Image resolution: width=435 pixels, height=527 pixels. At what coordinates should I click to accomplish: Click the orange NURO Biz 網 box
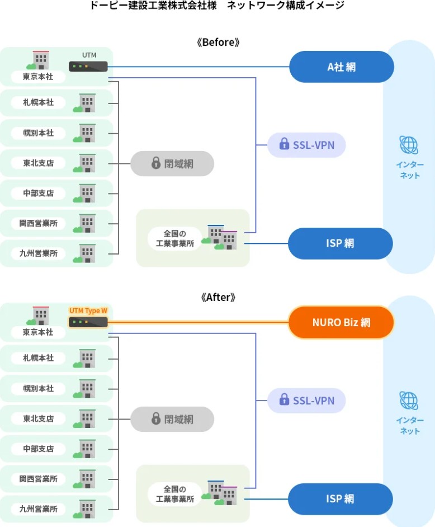coord(341,322)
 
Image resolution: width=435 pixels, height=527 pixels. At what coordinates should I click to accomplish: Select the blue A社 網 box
coord(341,67)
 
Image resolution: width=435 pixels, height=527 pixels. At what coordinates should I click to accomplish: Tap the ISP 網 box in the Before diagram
coord(340,243)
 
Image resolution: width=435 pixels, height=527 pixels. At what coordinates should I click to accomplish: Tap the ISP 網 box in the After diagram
coord(340,498)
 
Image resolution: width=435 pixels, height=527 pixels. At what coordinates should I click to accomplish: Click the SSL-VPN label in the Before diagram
coord(306,145)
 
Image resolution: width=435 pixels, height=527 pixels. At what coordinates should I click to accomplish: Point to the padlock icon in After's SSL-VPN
coord(284,401)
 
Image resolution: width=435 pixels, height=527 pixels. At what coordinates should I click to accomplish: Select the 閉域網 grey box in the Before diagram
coord(172,163)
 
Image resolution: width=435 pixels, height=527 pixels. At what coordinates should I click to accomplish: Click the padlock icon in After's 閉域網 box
coord(156,418)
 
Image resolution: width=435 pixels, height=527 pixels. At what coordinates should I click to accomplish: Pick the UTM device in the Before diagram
coord(88,66)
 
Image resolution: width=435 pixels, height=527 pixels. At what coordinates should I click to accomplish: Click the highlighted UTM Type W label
coord(88,310)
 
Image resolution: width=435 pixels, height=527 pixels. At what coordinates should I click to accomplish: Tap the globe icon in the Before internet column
coord(409,145)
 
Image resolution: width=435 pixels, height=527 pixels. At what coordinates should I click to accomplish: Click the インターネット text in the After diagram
coord(409,426)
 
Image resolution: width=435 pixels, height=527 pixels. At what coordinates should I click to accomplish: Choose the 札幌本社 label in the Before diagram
coord(39,102)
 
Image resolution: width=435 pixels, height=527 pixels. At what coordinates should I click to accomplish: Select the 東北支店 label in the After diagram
coord(39,418)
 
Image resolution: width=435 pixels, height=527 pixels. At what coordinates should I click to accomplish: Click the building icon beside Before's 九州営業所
coord(86,253)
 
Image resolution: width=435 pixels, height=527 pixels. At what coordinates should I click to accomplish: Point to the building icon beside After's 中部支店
coord(86,449)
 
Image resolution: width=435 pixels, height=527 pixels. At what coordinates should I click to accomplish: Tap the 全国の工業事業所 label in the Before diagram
coord(174,238)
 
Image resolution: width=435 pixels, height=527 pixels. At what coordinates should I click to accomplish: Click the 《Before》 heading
coord(218,42)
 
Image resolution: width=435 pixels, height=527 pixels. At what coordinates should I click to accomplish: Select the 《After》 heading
coord(218,297)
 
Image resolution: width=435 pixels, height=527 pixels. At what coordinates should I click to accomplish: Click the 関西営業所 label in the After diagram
coord(39,479)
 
